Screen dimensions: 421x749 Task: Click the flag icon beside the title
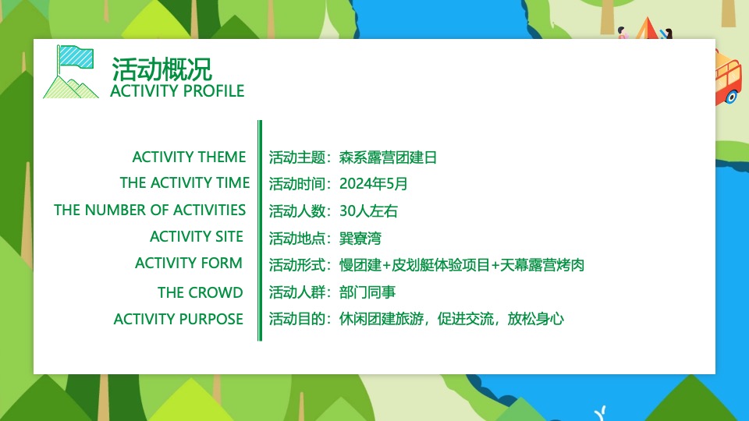click(71, 72)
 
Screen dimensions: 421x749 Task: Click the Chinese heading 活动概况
click(162, 69)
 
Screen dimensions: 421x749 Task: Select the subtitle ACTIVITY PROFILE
click(177, 91)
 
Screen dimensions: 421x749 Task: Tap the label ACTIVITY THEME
click(189, 157)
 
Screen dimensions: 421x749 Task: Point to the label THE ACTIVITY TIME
click(185, 183)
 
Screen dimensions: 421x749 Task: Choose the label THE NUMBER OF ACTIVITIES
click(150, 210)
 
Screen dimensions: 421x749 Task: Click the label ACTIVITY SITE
click(197, 236)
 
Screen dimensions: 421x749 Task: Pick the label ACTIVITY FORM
click(189, 263)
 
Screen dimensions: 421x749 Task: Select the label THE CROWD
click(200, 292)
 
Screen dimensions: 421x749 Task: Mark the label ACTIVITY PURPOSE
click(179, 319)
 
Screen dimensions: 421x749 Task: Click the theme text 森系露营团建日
click(389, 157)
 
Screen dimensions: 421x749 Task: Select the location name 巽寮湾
click(360, 238)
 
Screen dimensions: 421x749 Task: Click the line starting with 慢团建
click(462, 265)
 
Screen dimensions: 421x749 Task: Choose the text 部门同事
click(367, 292)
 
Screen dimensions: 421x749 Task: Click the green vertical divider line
click(260, 230)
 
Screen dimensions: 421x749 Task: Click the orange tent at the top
click(646, 30)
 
